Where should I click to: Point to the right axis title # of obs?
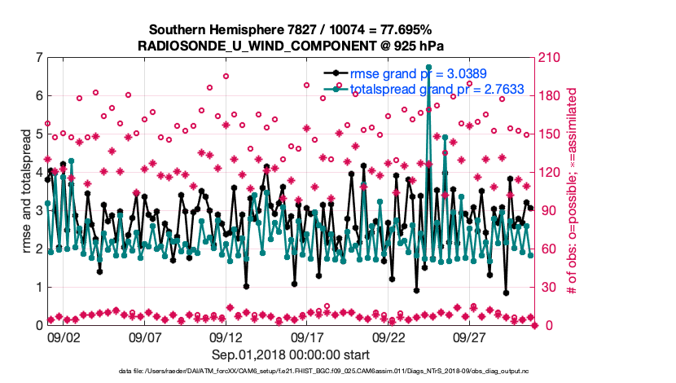pyautogui.click(x=573, y=191)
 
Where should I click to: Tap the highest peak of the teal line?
pyautogui.click(x=428, y=67)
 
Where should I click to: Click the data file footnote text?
pyautogui.click(x=291, y=372)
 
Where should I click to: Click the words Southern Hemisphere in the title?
pyautogui.click(x=205, y=29)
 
